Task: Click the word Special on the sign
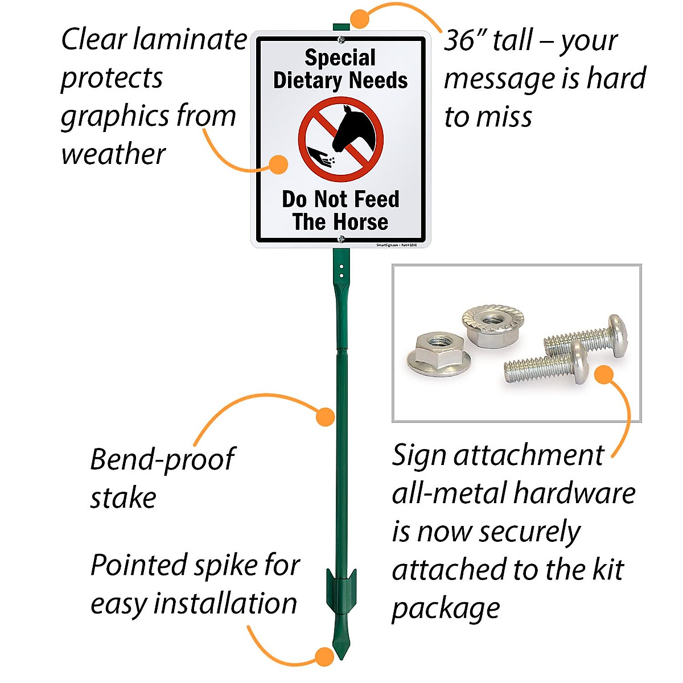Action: click(340, 57)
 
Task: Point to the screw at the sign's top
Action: click(341, 40)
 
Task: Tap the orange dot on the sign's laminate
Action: click(278, 164)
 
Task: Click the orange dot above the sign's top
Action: click(360, 18)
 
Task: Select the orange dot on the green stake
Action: click(325, 416)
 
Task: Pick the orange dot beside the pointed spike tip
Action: click(324, 656)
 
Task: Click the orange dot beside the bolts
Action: click(604, 374)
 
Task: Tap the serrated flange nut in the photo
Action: click(489, 326)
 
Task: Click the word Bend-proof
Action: click(162, 460)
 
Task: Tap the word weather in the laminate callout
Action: click(113, 154)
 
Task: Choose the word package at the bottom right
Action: click(446, 608)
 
